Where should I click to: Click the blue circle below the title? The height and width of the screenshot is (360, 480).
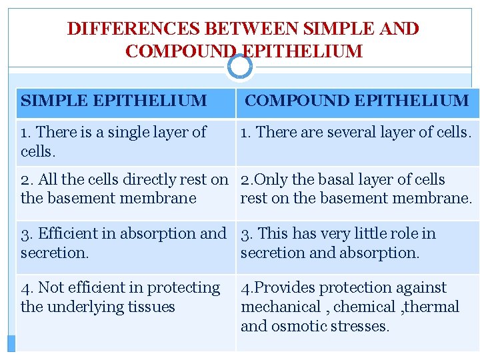pos(239,66)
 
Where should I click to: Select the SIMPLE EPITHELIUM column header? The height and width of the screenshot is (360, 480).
pos(114,101)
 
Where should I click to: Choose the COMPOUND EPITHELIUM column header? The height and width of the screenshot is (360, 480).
pos(357,101)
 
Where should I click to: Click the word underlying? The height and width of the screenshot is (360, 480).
pos(85,307)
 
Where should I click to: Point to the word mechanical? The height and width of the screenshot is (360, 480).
pos(281,307)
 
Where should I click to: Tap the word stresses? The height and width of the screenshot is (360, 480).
pos(361,326)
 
